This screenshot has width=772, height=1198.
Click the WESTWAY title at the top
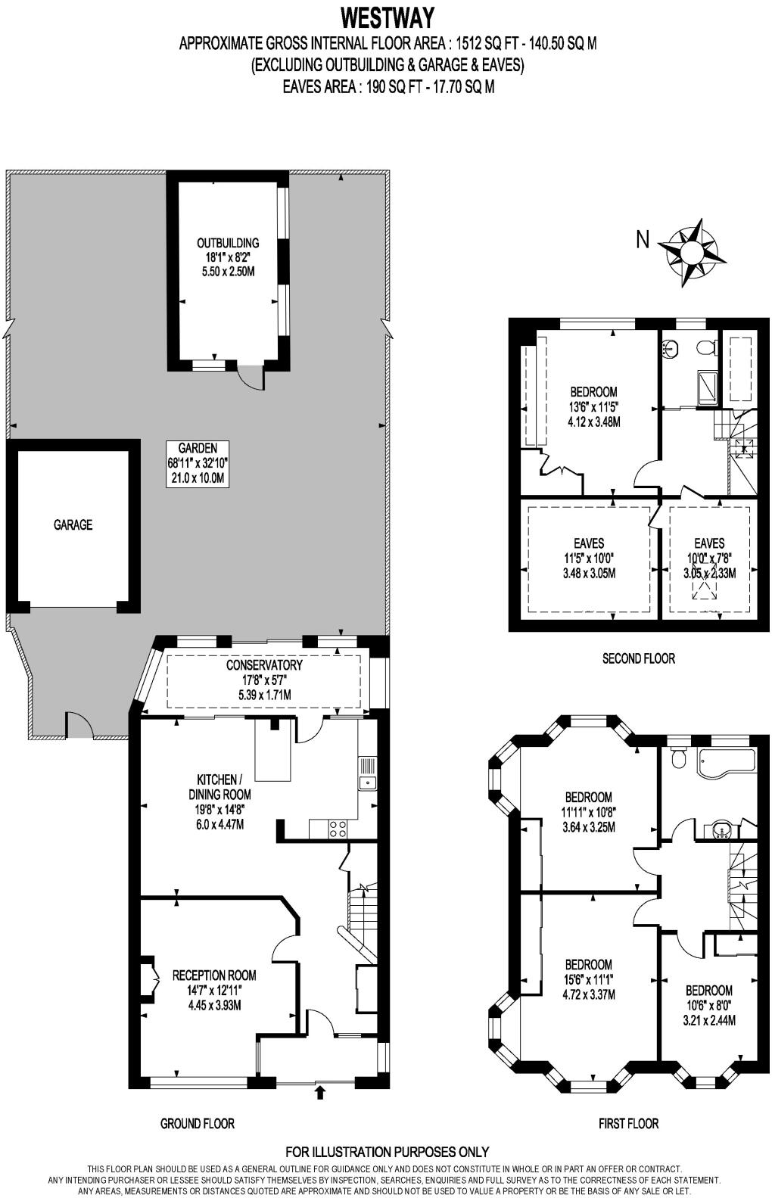pos(387,16)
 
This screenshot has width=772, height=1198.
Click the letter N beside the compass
pos(643,240)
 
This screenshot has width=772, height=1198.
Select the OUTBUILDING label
pos(228,243)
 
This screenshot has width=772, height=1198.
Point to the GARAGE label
pos(73,524)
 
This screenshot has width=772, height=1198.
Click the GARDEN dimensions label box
pos(198,463)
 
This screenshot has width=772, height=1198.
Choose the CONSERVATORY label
pos(264,665)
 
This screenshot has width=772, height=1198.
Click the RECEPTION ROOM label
pos(214,976)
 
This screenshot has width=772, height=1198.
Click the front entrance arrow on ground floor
pos(319,1092)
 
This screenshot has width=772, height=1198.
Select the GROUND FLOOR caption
pos(198,1123)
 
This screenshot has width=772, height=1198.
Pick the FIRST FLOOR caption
pos(629,1123)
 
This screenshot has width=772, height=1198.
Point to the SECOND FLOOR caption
pos(638,658)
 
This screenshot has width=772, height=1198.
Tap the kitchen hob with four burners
pos(338,829)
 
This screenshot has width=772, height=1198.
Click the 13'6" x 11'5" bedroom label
pos(593,392)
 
